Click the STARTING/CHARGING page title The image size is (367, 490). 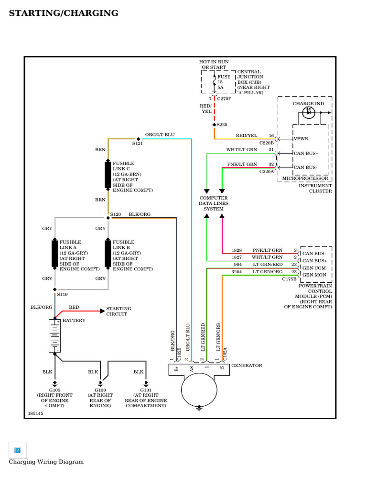point(64,13)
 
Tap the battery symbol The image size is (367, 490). point(54,336)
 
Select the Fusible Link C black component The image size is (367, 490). point(108,175)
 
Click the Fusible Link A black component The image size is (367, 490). point(55,254)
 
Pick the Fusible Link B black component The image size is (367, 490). point(108,254)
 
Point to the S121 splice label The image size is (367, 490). point(138,143)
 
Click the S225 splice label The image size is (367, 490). point(222,124)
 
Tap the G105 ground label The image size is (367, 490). point(54,390)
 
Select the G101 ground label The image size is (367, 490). point(146,390)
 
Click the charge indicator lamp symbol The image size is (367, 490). point(309,113)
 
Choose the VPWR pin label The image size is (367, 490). point(301,139)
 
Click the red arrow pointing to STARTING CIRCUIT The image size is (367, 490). point(102,311)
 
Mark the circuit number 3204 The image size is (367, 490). point(237,272)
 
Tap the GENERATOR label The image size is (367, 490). point(247,366)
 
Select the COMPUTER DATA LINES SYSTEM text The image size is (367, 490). point(214,203)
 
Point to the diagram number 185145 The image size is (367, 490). point(35,413)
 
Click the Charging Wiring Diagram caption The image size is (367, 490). point(46,462)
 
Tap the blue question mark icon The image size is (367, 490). point(18,450)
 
